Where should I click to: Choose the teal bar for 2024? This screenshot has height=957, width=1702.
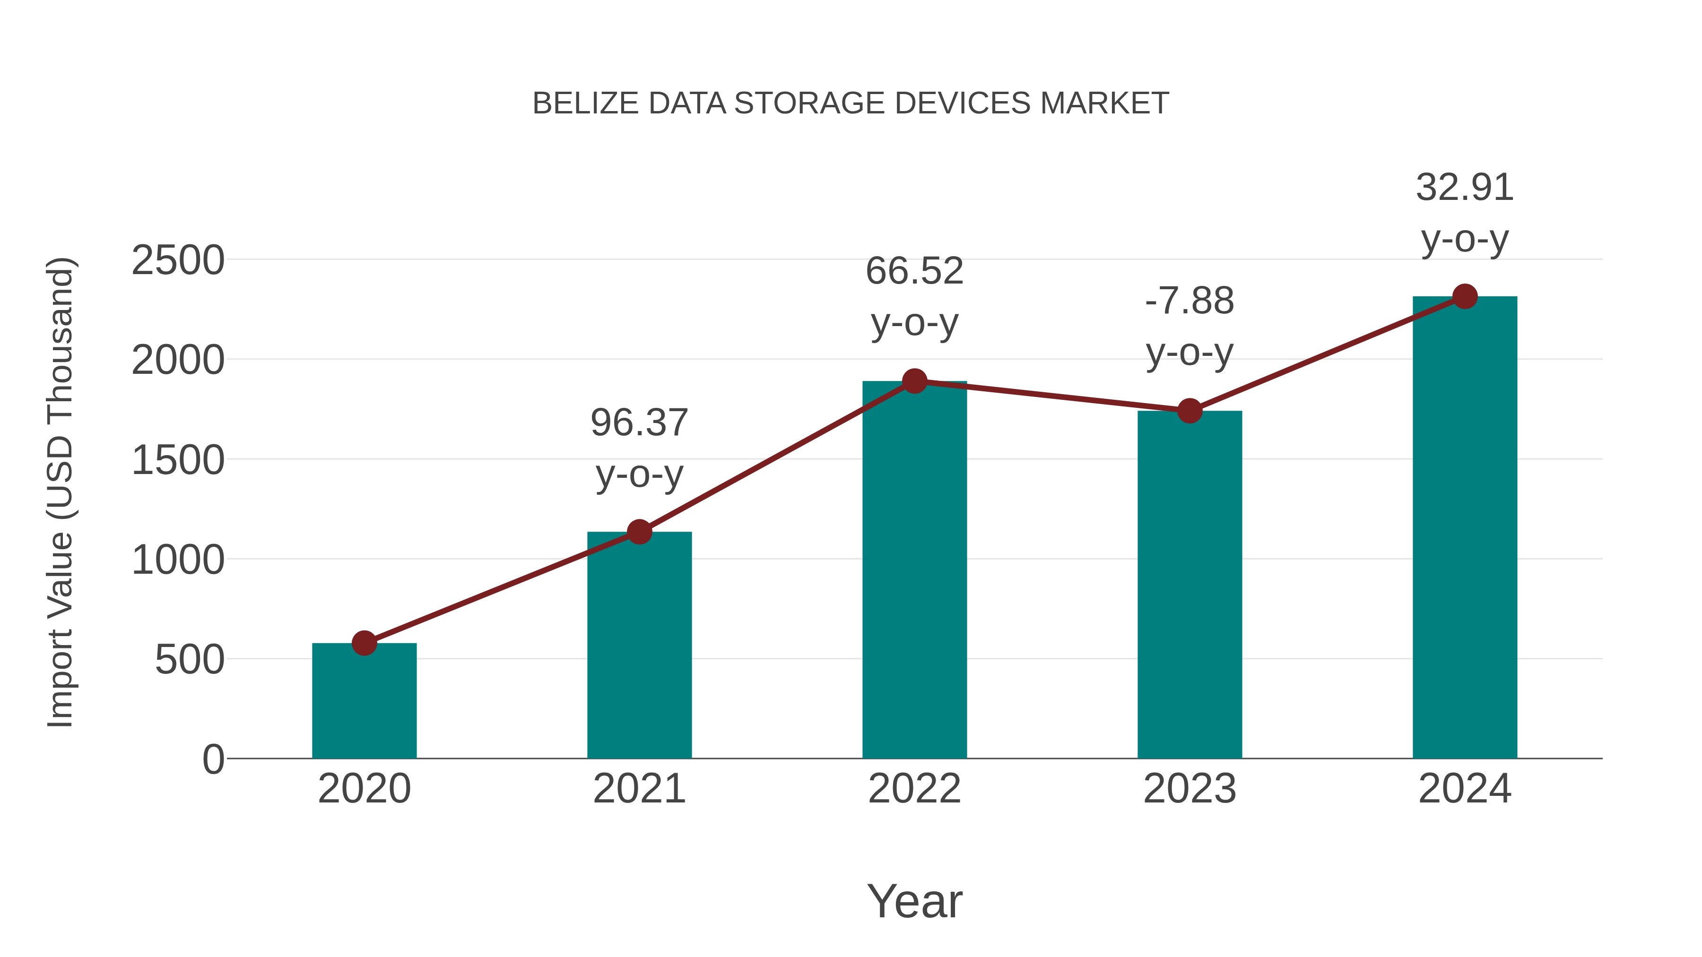coord(1465,528)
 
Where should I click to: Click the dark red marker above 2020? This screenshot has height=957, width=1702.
coord(364,643)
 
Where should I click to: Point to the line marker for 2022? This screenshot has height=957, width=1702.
coord(914,381)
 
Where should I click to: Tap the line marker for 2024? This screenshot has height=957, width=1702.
coord(1465,296)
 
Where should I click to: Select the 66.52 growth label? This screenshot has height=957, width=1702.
coord(914,271)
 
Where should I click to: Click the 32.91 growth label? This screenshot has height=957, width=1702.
coord(1465,188)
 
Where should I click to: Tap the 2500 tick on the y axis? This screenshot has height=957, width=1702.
coord(178,260)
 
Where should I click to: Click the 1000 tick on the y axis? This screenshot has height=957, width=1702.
coord(178,560)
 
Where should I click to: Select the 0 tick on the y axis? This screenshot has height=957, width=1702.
coord(213,759)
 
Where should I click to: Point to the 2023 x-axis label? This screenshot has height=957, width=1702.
coord(1190,789)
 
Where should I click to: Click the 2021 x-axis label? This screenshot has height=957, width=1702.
coord(639,789)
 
